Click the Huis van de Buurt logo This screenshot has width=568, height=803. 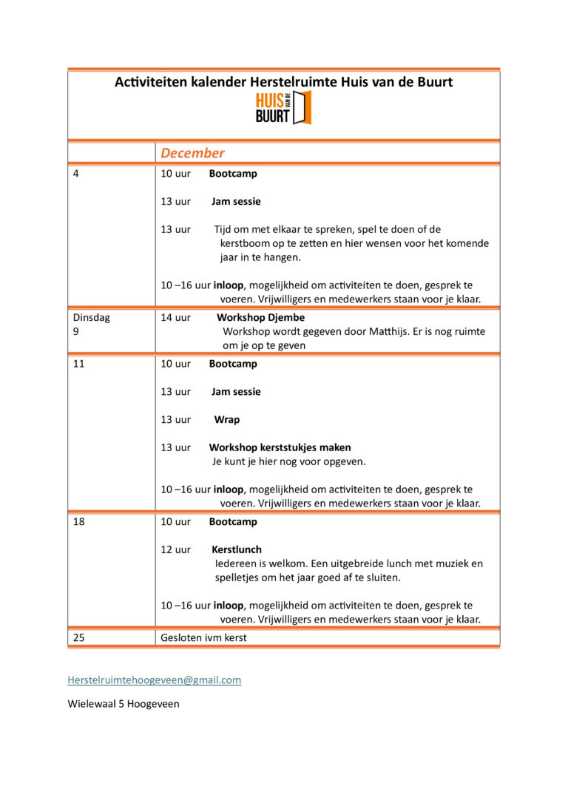coord(283,108)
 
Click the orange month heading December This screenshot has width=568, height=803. coord(192,153)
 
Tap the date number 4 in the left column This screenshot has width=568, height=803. coord(76,174)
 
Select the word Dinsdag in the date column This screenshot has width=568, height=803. coord(91,317)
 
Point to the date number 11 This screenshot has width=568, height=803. coord(78,364)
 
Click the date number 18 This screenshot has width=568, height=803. coord(78,521)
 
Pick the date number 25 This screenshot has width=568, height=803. coord(79,637)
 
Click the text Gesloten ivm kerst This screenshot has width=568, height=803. coord(203,637)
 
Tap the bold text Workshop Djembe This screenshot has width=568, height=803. coord(260,317)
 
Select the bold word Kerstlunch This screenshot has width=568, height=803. coord(237,549)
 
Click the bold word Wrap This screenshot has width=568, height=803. coord(227,419)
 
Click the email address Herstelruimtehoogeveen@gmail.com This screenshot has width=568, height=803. coord(155,680)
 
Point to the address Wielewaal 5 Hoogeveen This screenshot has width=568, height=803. coord(124,704)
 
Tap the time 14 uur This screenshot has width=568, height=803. coord(176,317)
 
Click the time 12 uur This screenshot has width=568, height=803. coord(176,549)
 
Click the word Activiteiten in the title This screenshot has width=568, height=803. coord(150,82)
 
